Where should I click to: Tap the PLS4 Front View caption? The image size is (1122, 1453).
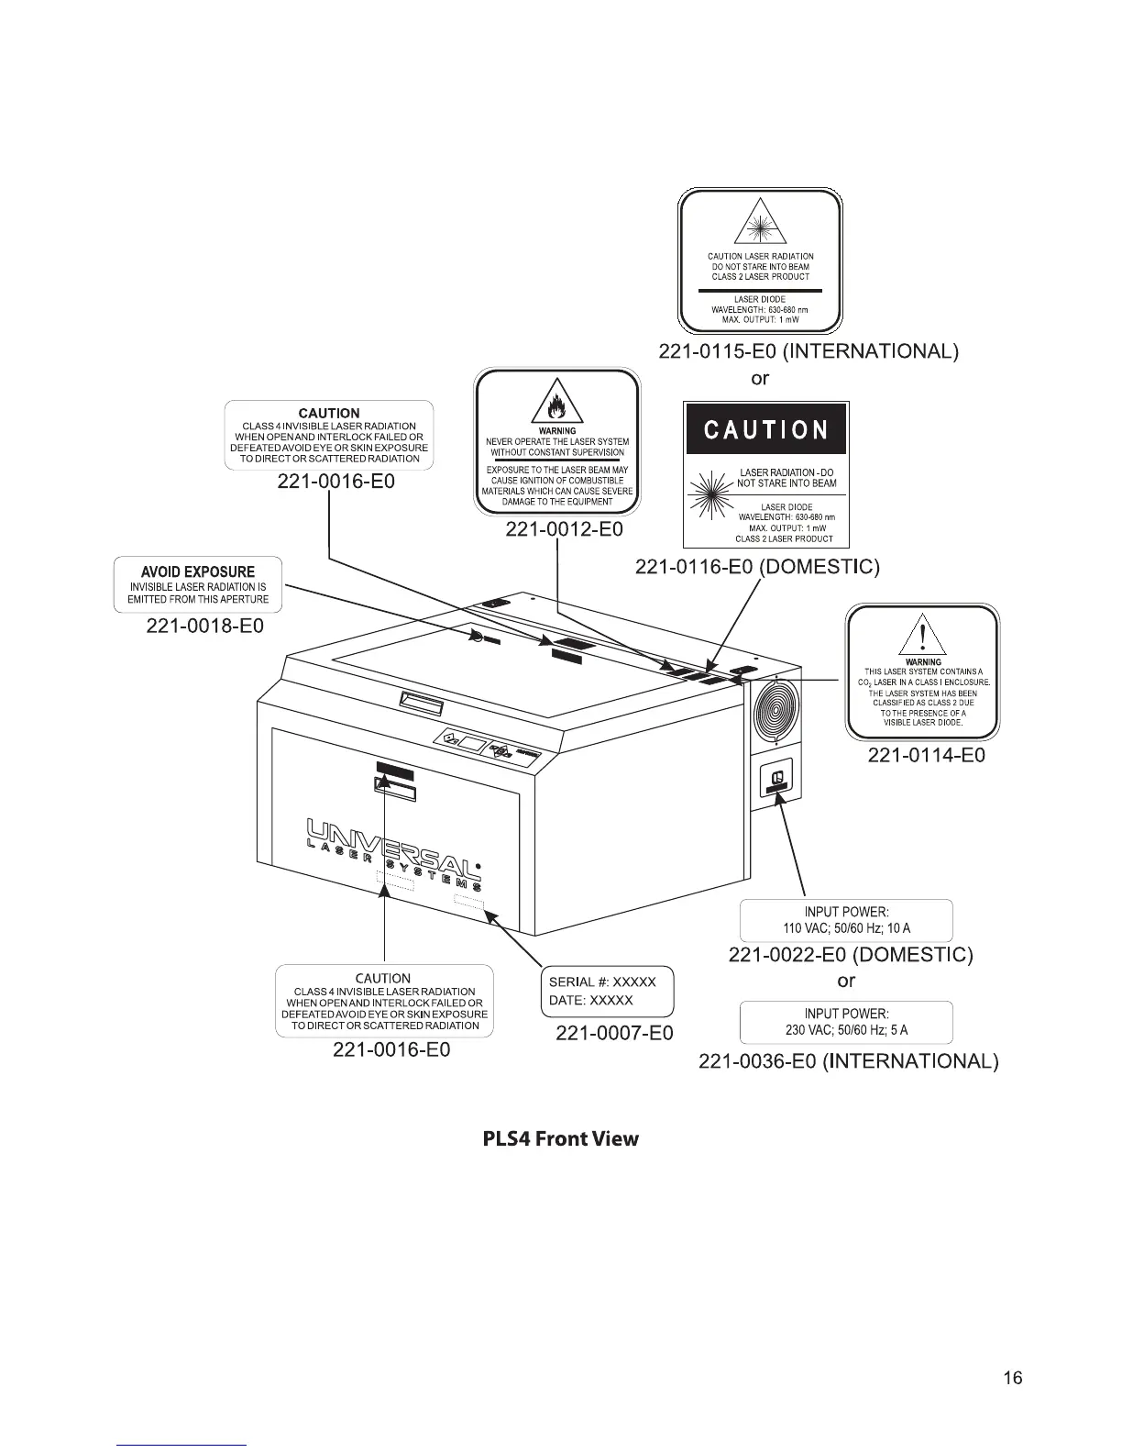tap(560, 1139)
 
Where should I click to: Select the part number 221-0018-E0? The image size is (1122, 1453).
tap(205, 626)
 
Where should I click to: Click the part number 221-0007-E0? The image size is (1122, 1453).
tap(614, 1033)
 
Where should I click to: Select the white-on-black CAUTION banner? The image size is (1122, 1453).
tap(766, 430)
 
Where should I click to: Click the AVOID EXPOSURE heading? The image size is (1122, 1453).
tap(198, 571)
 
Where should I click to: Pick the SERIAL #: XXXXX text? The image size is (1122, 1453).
tap(602, 982)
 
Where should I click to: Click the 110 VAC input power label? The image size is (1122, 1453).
tap(846, 920)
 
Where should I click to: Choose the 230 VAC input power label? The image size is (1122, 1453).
tap(846, 1022)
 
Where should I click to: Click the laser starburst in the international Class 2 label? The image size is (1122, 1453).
tap(760, 224)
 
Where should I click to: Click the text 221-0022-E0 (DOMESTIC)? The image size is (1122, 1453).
tap(850, 955)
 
